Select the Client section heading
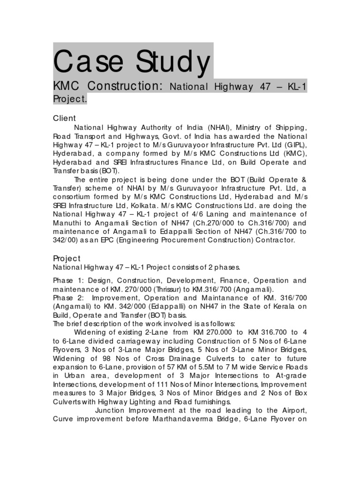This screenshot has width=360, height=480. [64, 118]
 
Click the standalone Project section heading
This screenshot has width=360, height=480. [67, 258]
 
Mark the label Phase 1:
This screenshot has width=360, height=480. [69, 280]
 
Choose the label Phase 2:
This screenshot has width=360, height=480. [69, 298]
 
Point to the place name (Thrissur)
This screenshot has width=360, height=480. [162, 289]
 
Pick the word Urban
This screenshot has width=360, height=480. [74, 375]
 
